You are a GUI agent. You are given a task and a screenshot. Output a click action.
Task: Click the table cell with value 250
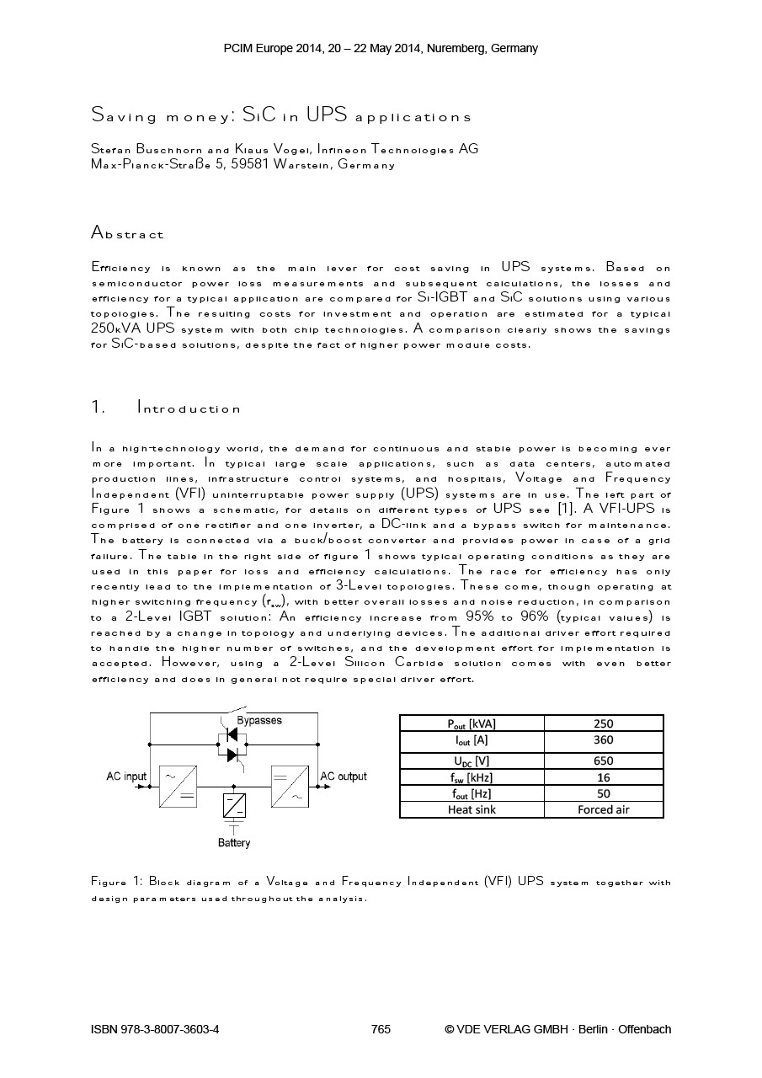click(x=603, y=723)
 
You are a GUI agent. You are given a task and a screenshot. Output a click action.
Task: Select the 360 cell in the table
click(x=603, y=740)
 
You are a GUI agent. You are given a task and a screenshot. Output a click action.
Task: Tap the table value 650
click(x=603, y=760)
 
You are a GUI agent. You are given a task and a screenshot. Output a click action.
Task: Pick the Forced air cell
click(x=603, y=809)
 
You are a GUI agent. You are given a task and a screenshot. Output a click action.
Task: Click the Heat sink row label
click(x=472, y=809)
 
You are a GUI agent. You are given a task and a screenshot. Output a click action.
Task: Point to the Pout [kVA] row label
click(x=472, y=723)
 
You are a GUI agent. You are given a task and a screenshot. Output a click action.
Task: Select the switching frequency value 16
click(x=603, y=777)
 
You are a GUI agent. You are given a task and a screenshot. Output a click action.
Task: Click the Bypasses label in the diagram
click(x=259, y=721)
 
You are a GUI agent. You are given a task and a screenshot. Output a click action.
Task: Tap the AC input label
click(x=126, y=776)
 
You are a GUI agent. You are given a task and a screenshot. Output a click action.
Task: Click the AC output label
click(x=344, y=776)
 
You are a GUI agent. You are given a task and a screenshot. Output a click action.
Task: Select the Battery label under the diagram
click(x=234, y=843)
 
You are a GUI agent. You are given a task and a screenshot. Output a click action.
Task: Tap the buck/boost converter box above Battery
click(x=234, y=805)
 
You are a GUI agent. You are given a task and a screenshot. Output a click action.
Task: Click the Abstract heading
click(x=127, y=233)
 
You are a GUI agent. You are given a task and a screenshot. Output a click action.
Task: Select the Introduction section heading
click(x=189, y=408)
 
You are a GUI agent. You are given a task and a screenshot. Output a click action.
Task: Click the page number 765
click(x=381, y=1029)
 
